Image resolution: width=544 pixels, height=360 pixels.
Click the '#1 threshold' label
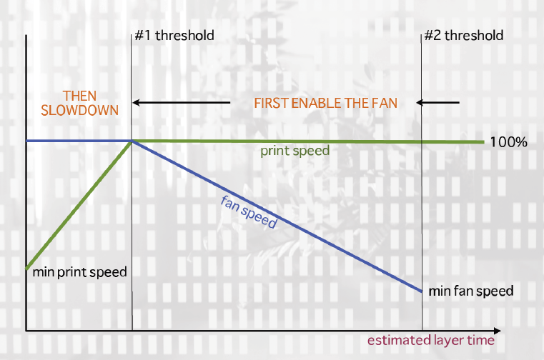point(174,35)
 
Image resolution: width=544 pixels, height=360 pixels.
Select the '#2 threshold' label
point(463,35)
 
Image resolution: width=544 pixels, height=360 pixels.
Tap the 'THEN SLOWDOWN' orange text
point(79,103)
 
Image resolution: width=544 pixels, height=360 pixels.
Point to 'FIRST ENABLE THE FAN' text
point(325,103)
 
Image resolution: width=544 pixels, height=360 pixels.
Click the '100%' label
point(508,142)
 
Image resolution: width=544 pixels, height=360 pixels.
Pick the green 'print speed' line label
point(295,151)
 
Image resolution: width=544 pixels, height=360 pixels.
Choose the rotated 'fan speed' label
point(249,210)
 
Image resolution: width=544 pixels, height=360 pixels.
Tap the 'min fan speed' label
point(471,291)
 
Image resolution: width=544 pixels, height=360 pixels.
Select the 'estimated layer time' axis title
point(431,340)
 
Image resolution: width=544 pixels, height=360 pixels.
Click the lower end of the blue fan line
point(422,291)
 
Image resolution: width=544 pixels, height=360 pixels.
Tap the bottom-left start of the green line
point(26,269)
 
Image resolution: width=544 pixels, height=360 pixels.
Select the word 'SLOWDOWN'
point(79,111)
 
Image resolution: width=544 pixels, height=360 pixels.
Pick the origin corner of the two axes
point(26,331)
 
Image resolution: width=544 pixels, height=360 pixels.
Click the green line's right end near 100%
point(483,142)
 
